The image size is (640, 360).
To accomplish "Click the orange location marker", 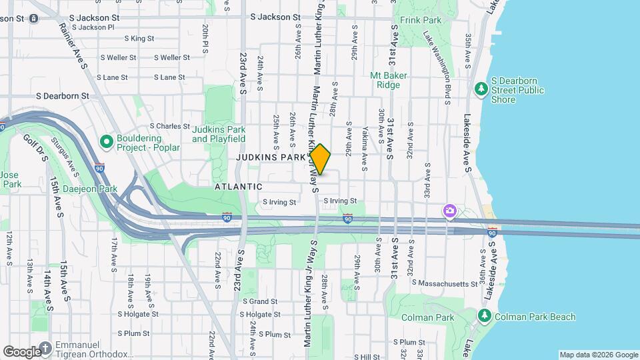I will tap(320, 159).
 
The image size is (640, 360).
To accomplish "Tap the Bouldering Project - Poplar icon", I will tap(106, 141).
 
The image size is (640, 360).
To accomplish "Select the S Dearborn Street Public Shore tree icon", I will tap(481, 89).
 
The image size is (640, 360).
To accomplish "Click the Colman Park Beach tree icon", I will tap(485, 316).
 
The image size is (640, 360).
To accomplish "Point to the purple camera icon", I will tap(450, 212).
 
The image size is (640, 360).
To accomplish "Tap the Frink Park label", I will tap(421, 21).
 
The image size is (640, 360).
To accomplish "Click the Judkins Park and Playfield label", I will tap(219, 134).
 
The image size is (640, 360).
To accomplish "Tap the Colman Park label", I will tap(432, 317).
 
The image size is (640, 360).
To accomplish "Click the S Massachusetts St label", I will tap(445, 283).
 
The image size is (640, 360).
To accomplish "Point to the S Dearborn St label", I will tap(63, 96).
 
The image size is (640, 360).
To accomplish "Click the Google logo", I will tap(21, 351).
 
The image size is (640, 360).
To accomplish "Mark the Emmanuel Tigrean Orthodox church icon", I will tap(45, 347).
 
